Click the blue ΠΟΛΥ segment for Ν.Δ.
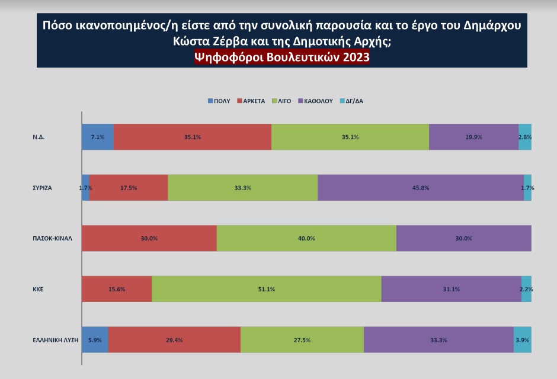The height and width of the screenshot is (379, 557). [97, 137]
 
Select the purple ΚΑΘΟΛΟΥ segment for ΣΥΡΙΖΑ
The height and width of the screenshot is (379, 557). [421, 188]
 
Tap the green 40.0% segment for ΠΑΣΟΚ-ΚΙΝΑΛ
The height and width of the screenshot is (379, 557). [306, 239]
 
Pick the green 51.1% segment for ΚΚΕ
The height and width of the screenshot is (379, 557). [267, 289]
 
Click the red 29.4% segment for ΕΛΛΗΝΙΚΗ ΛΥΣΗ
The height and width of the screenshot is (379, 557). [174, 340]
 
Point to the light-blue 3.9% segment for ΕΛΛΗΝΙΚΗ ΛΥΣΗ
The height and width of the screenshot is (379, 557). [522, 340]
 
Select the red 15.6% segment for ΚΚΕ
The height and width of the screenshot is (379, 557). [117, 289]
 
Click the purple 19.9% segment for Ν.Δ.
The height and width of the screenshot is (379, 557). [473, 137]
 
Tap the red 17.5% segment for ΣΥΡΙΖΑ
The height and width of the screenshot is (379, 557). [129, 188]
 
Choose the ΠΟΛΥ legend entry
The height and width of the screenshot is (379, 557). [219, 101]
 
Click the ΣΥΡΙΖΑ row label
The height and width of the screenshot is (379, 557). [43, 188]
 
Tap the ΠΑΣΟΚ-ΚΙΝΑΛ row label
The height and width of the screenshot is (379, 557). [52, 239]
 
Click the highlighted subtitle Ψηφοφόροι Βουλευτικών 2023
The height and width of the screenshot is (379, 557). [281, 57]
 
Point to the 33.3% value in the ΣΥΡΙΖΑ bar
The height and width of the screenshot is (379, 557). [243, 188]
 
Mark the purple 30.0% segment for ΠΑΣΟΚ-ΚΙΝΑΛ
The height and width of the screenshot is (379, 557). [463, 239]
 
